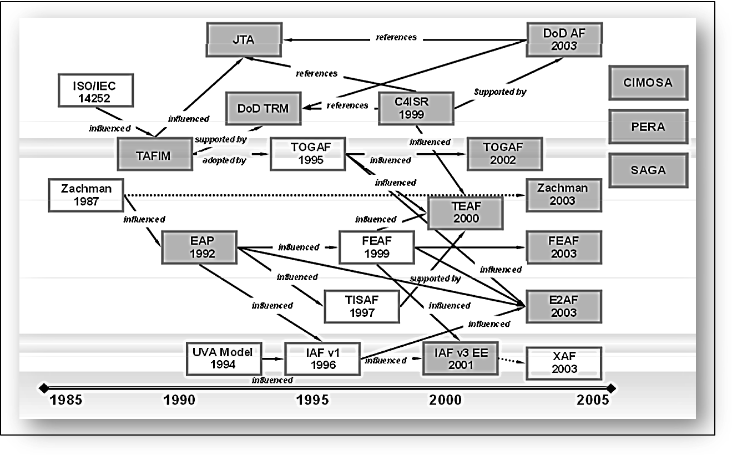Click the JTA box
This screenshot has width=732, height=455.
(x=244, y=40)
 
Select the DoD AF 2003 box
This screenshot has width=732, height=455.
(x=564, y=39)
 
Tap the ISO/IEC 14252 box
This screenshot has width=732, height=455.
(x=95, y=90)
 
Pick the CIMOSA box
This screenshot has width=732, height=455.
(x=648, y=83)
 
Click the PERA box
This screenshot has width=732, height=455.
(x=648, y=127)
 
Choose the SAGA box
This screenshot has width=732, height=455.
(x=648, y=170)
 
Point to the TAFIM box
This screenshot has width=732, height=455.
(x=153, y=155)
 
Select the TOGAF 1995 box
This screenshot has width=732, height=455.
(x=307, y=154)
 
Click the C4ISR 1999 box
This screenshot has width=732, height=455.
(x=416, y=108)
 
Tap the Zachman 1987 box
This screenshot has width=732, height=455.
(x=86, y=195)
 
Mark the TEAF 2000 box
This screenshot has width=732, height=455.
(x=465, y=213)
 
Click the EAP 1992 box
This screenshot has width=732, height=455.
(x=199, y=247)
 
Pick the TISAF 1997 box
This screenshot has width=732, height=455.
(x=362, y=306)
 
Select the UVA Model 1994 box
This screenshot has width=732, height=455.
(x=224, y=358)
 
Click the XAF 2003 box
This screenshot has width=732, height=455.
(x=563, y=363)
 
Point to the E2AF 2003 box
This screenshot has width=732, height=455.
(x=563, y=306)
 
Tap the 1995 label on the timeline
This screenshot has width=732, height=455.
(x=312, y=400)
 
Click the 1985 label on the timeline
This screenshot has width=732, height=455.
(x=67, y=400)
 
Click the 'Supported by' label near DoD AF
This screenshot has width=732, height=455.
(x=499, y=92)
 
